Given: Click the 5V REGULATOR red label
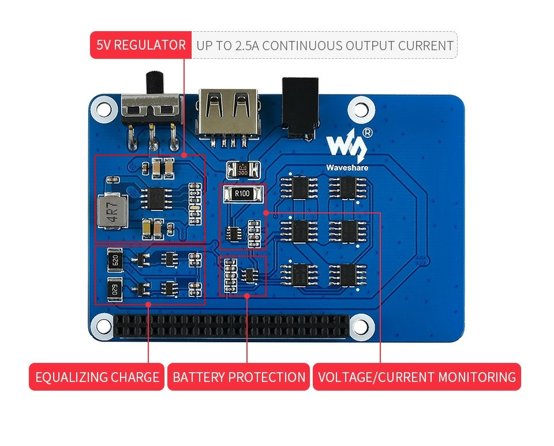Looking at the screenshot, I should (140, 45).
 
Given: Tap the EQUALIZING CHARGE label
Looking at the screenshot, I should (97, 377).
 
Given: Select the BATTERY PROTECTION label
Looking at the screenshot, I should (239, 377).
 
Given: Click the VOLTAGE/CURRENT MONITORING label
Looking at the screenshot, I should (417, 377).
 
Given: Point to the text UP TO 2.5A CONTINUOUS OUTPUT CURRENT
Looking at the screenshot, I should (324, 46).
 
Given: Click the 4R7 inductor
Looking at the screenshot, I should (111, 212).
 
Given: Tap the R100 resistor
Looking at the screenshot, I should (242, 194).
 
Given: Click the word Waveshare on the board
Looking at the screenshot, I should (347, 168).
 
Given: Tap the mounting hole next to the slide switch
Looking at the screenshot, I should (104, 108).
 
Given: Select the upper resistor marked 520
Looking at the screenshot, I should (114, 260).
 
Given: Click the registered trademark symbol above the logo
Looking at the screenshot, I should (368, 133).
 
